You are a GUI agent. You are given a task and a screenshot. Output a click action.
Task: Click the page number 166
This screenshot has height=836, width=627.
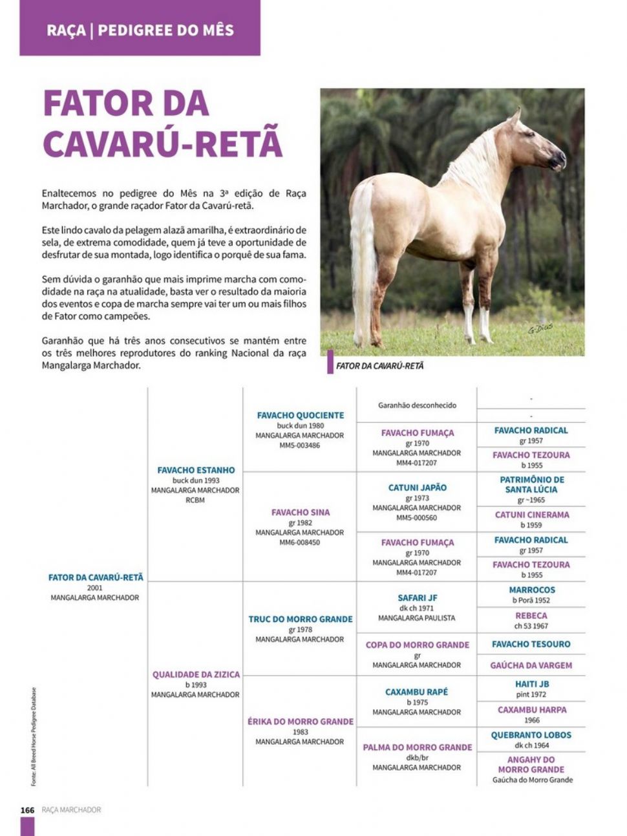coord(27,809)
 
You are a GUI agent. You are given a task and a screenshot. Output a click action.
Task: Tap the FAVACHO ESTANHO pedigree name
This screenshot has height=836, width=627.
coord(196,470)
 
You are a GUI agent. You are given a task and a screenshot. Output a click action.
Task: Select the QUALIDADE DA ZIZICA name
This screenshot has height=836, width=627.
coord(196,674)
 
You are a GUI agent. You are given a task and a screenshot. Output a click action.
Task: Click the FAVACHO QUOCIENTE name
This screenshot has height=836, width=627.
coord(300,415)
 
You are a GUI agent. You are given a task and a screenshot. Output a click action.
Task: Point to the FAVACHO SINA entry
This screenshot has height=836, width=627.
coord(300,512)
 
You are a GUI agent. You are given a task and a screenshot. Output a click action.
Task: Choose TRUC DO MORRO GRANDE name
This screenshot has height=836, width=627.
coord(300,619)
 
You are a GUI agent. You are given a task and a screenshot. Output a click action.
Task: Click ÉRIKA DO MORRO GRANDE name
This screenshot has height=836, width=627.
coord(300,721)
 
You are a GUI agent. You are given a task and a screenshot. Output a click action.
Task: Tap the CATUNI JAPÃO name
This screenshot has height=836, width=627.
coord(417,488)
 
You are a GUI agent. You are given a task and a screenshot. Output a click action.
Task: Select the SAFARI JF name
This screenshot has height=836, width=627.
coord(417,597)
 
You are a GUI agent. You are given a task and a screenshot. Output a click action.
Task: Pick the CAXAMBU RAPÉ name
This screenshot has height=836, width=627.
coord(416,692)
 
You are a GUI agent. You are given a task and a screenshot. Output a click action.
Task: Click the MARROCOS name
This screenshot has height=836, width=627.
coord(531,590)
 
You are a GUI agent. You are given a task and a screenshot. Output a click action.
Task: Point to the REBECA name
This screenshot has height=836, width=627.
coord(531,616)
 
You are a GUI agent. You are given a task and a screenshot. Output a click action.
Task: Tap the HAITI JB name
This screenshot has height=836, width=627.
coord(531,683)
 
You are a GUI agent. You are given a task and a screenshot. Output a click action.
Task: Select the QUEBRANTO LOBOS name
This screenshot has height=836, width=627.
coord(531,734)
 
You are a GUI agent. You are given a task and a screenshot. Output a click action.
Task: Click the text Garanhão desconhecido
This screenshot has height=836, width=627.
coord(417,405)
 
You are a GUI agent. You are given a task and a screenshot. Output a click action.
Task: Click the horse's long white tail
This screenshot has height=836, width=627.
coord(364,259)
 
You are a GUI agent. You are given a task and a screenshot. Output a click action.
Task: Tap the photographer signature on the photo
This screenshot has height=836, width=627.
coord(540,328)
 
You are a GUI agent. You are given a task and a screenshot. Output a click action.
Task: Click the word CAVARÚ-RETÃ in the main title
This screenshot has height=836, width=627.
coord(162,144)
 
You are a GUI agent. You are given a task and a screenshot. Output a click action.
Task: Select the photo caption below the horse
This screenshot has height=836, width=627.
coord(380,366)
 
